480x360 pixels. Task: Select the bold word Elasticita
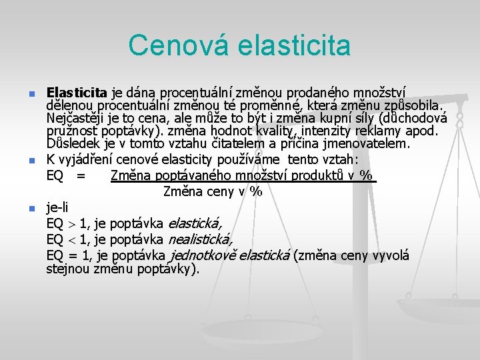77,92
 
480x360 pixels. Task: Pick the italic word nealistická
199,239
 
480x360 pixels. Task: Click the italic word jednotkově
203,255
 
